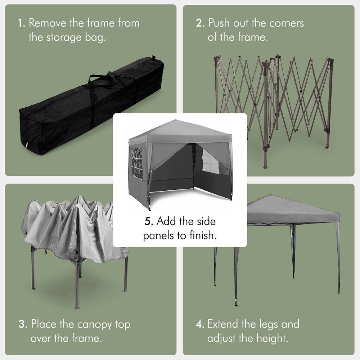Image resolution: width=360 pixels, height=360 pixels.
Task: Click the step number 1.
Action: click(x=21, y=23)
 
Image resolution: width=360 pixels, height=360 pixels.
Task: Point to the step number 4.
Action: click(x=200, y=324)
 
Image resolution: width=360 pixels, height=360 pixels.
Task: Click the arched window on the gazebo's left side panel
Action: click(x=137, y=162)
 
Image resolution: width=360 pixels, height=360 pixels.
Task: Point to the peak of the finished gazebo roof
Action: click(x=176, y=121)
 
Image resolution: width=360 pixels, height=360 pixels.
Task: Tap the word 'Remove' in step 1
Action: click(x=48, y=23)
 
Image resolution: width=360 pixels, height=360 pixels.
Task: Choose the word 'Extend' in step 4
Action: click(x=223, y=324)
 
